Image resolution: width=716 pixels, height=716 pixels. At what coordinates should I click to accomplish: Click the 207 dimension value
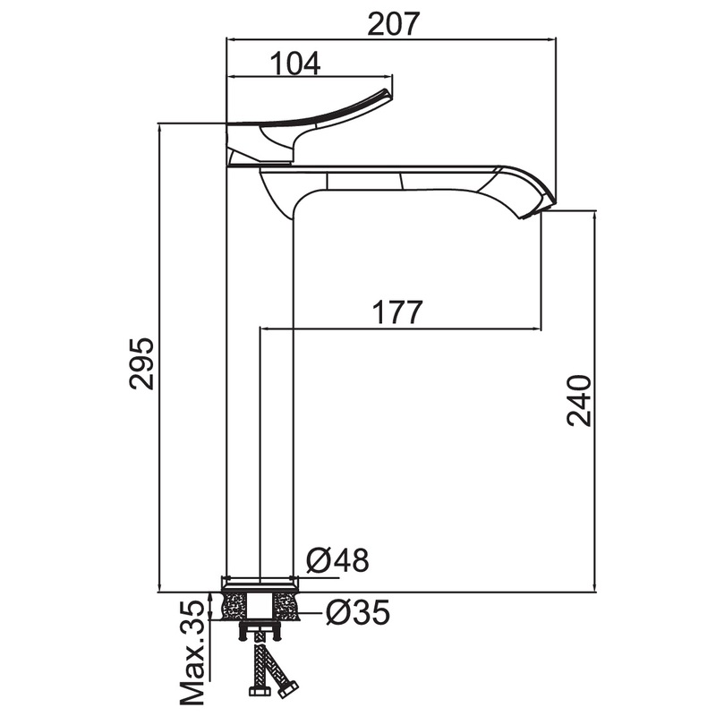click(393, 24)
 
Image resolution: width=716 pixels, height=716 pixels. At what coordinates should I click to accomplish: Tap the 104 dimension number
click(295, 63)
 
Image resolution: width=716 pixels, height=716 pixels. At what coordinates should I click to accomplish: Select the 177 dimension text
click(397, 312)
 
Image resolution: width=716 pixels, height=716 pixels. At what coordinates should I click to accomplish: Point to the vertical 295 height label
click(141, 363)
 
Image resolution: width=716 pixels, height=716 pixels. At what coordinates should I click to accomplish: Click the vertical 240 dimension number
click(579, 401)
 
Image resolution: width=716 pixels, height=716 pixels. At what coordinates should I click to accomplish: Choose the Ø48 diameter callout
click(337, 560)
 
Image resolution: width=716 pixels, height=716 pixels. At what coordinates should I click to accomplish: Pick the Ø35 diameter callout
click(359, 612)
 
